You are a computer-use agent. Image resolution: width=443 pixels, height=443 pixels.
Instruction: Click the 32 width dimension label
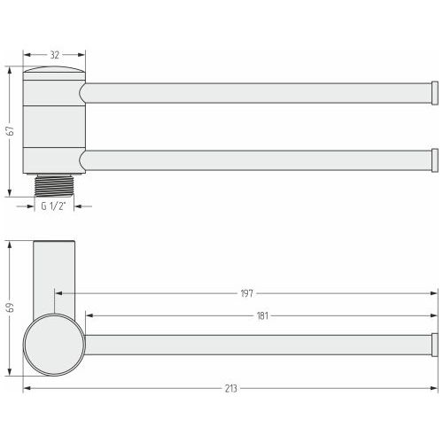(x=55, y=55)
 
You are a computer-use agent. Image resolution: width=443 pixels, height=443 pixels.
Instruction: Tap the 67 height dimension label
(x=10, y=130)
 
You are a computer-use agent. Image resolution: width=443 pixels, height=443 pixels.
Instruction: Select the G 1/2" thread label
(x=53, y=206)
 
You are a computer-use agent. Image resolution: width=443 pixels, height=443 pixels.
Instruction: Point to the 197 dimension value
(x=247, y=293)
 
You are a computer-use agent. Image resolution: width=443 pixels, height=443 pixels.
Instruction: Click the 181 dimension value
(x=262, y=316)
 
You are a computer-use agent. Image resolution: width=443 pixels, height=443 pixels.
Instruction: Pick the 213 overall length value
(x=231, y=388)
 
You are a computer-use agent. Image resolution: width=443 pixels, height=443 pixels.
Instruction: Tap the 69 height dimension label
(x=10, y=307)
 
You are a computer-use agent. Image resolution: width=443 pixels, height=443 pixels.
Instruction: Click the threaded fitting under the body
(x=54, y=185)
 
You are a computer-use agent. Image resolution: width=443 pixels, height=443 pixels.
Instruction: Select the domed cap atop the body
(x=54, y=70)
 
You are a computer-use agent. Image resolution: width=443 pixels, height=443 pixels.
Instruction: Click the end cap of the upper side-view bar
(x=435, y=93)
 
